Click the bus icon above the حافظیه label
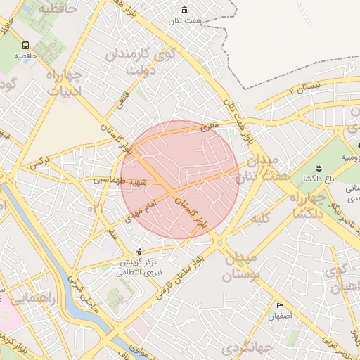pyautogui.click(x=25, y=44)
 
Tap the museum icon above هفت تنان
pyautogui.click(x=184, y=10)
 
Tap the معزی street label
pyautogui.click(x=210, y=125)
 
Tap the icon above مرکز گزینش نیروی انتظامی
pyautogui.click(x=139, y=251)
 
